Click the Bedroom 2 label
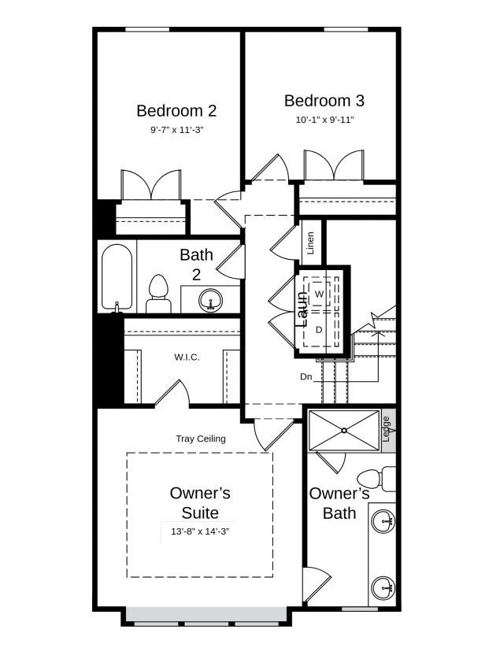click(x=176, y=111)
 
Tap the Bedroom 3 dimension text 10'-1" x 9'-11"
click(x=324, y=120)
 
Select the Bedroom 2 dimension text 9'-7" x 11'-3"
click(x=177, y=130)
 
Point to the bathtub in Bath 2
click(x=117, y=278)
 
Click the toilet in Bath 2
click(x=158, y=294)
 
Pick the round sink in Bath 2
click(x=211, y=300)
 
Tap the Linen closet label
click(x=311, y=243)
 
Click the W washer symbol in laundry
click(x=319, y=294)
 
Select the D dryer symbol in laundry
click(x=319, y=329)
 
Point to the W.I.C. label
click(x=187, y=357)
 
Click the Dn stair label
click(x=306, y=376)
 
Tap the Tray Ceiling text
click(x=201, y=439)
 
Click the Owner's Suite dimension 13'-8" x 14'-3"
click(x=200, y=531)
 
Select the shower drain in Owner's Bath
click(x=344, y=430)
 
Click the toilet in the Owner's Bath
click(x=376, y=478)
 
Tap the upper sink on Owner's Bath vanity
click(x=383, y=521)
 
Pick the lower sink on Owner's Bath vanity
click(x=383, y=588)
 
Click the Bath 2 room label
click(x=196, y=265)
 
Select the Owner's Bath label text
click(x=339, y=503)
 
